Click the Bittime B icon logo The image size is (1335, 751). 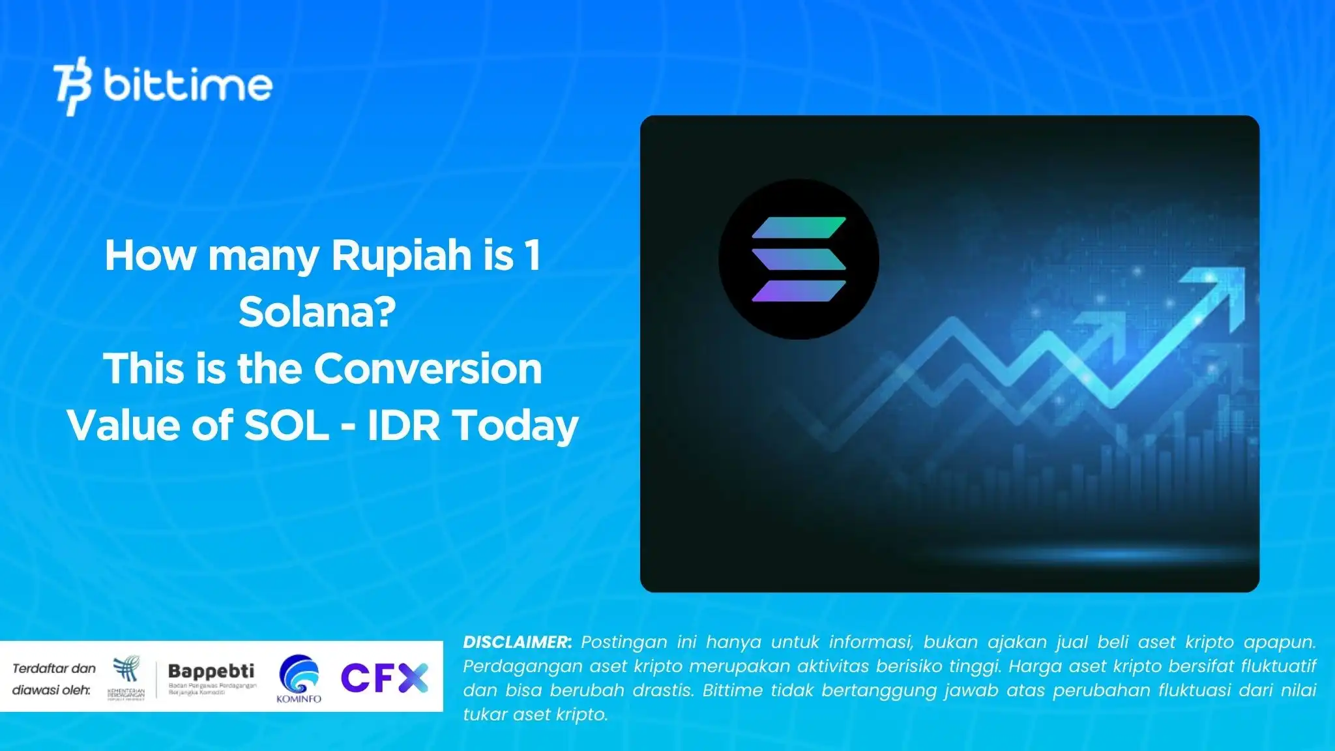[72, 85]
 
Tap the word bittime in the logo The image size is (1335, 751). [188, 85]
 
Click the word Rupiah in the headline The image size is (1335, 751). [402, 255]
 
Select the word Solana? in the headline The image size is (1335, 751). [317, 312]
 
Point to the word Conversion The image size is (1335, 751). [428, 369]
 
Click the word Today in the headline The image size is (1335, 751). [515, 426]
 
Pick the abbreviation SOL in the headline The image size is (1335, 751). [286, 426]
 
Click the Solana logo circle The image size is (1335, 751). [799, 259]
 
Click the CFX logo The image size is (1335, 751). [385, 677]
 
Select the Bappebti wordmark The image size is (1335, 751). [211, 671]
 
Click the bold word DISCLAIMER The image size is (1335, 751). [517, 642]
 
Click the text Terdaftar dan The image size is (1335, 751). [54, 668]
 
